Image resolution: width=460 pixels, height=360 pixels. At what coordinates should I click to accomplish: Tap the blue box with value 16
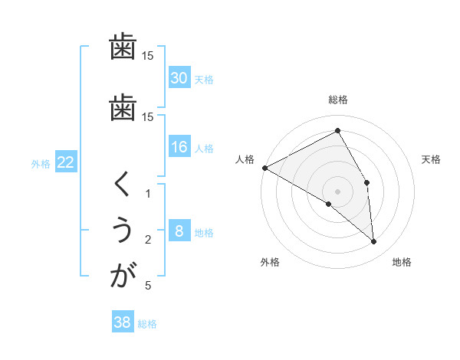(179, 147)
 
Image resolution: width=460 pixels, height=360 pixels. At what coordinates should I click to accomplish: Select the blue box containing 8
(179, 231)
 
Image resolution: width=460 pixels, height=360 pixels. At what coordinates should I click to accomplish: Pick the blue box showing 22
(66, 162)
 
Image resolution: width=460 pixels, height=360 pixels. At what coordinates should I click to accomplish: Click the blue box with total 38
(122, 322)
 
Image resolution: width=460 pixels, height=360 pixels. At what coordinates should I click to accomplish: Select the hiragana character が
(123, 276)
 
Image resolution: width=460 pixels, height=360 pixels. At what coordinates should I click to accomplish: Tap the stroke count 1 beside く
(149, 194)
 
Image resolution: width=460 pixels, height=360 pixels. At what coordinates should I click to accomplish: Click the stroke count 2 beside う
(149, 240)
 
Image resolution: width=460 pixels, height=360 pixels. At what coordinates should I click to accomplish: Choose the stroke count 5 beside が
(148, 286)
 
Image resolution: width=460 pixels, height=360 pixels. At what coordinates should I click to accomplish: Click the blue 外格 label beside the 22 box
(41, 163)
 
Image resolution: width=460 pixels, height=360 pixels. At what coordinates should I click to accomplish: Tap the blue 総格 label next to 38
(147, 324)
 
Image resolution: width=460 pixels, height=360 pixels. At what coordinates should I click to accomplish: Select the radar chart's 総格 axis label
(338, 100)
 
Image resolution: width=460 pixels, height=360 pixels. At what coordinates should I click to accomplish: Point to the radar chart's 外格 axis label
(269, 262)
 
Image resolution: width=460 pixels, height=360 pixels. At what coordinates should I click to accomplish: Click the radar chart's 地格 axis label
(402, 262)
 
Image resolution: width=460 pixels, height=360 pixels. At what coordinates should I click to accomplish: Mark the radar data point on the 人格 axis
(264, 167)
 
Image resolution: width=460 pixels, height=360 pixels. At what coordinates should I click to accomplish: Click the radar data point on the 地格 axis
(373, 241)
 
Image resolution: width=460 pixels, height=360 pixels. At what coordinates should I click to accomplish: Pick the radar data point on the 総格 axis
(338, 131)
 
